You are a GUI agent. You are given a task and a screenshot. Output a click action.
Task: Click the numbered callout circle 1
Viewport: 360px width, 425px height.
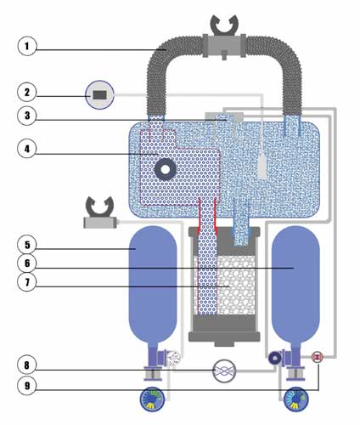tap(27, 46)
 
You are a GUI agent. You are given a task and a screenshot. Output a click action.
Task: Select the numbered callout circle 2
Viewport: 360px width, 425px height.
tap(27, 92)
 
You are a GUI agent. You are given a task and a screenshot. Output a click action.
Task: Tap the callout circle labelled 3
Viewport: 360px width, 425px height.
tap(27, 116)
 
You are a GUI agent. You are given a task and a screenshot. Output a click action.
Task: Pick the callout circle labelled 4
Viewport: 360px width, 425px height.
tap(27, 149)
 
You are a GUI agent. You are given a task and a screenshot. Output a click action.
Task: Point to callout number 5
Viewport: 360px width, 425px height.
tap(27, 245)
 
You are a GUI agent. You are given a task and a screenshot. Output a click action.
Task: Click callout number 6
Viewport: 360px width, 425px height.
tap(27, 263)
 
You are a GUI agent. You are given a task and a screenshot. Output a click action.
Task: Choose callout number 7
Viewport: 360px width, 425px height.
tap(27, 282)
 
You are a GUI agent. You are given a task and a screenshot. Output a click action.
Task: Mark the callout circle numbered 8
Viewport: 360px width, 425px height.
tap(27, 365)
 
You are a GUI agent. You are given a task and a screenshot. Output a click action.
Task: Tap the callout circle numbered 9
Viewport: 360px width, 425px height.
tap(27, 386)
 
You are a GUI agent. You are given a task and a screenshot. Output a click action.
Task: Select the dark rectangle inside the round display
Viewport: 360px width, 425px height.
tap(99, 95)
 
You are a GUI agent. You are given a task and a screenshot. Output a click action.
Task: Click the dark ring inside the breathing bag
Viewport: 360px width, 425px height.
tap(166, 169)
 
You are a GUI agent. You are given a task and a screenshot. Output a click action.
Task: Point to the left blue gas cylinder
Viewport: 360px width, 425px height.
tap(153, 286)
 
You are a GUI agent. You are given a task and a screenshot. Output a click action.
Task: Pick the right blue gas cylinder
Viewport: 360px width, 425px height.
tap(295, 286)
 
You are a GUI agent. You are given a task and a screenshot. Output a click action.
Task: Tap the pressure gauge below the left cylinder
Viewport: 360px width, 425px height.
tap(153, 399)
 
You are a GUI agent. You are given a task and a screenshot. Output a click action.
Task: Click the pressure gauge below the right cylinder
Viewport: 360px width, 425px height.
tap(296, 399)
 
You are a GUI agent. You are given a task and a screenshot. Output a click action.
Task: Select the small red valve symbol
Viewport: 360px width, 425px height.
tap(318, 357)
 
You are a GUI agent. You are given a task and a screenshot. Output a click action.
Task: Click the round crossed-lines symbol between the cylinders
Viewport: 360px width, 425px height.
tap(224, 371)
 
